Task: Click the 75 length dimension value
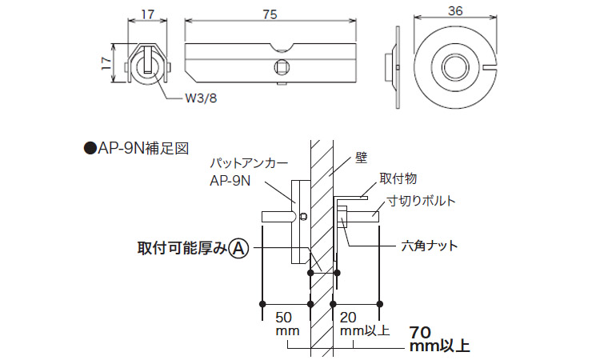[x=270, y=14]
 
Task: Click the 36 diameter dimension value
[x=455, y=11]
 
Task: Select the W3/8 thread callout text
[x=201, y=98]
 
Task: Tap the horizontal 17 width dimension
[x=147, y=14]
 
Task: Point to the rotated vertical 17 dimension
[x=107, y=62]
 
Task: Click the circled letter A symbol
[x=238, y=249]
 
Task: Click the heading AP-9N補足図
[x=137, y=149]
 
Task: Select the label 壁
[x=361, y=158]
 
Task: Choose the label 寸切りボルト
[x=422, y=201]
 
